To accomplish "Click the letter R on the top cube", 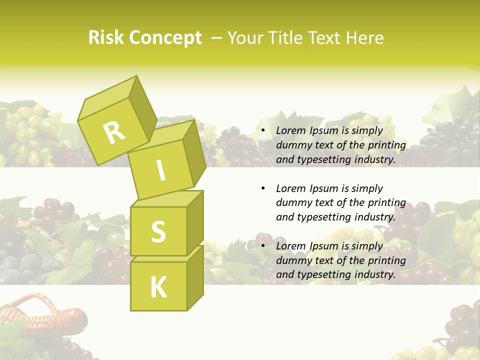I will (x=114, y=132).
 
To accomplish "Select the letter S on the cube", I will (x=158, y=231).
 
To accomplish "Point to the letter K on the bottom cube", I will (x=158, y=287).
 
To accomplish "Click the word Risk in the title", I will (x=105, y=38).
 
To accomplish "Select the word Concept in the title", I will (x=165, y=38).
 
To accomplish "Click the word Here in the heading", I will (x=364, y=38).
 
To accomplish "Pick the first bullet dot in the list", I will (x=263, y=131).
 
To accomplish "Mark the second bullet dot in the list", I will (x=263, y=188).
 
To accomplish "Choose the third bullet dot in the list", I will (x=263, y=246).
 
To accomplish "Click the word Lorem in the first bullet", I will (x=290, y=130).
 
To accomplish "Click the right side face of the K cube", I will (x=195, y=277).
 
